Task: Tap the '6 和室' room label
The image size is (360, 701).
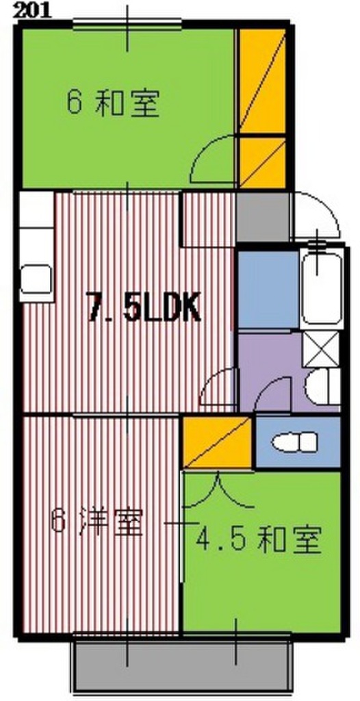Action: [x=113, y=104]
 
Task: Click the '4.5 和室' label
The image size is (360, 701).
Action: [x=259, y=541]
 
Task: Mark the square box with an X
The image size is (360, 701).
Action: [x=320, y=348]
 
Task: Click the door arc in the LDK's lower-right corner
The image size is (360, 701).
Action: [x=219, y=387]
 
